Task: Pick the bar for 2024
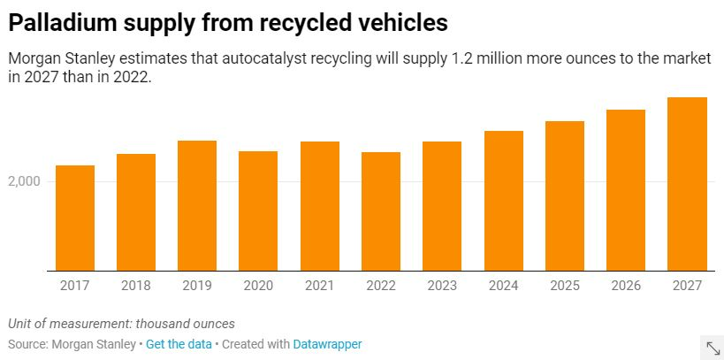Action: [x=503, y=201]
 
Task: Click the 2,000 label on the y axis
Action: [x=26, y=181]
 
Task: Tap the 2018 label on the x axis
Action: [x=136, y=286]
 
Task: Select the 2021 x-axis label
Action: [x=319, y=286]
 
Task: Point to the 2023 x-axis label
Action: [x=442, y=286]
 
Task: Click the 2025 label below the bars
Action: [x=564, y=286]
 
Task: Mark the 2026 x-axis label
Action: [x=625, y=286]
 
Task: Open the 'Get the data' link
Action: [x=179, y=344]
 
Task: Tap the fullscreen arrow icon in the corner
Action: [x=711, y=347]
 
